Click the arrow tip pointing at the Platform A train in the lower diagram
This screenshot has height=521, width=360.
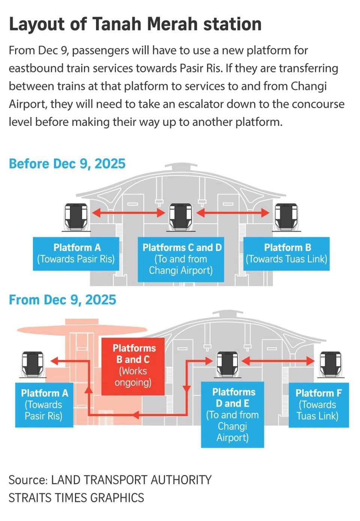coord(51,361)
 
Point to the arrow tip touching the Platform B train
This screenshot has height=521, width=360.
coord(269,213)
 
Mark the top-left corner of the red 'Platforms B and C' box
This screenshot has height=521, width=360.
coord(102,338)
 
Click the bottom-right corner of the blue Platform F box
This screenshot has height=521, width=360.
coord(349,427)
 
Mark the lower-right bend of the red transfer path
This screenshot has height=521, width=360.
coord(186,415)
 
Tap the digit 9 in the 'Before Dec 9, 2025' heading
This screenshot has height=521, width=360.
coord(83,163)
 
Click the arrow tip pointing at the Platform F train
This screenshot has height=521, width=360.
coord(315,361)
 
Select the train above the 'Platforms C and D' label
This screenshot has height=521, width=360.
coord(181,217)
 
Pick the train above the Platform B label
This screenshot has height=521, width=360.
coord(286,217)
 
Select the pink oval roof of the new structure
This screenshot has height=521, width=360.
coord(82,329)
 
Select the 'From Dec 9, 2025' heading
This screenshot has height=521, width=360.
coord(62,299)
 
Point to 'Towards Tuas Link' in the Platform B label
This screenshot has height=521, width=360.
coord(286,259)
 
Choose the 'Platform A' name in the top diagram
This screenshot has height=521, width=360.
coord(77,247)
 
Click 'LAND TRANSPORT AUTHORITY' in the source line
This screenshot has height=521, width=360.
coord(131,480)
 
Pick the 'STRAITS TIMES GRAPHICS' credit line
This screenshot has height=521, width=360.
coord(76,498)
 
